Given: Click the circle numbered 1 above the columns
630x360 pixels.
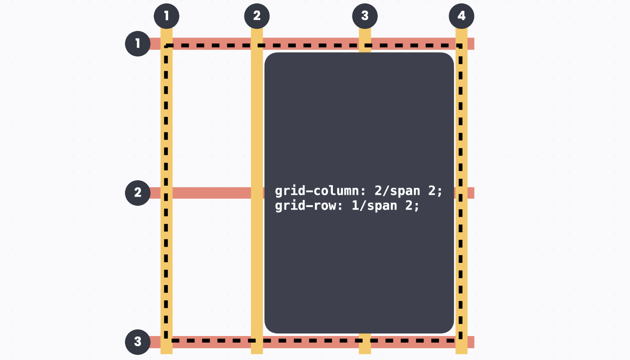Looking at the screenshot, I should click(x=166, y=16).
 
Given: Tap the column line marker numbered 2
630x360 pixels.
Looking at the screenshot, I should click(x=257, y=16).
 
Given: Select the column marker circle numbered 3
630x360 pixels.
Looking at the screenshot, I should click(x=365, y=16).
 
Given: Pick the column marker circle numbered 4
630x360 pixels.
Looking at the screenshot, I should click(x=461, y=16).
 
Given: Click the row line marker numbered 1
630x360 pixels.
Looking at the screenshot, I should click(x=138, y=44).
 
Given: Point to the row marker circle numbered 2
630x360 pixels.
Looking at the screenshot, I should click(x=138, y=193).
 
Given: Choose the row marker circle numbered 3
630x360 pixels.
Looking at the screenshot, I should click(x=138, y=342).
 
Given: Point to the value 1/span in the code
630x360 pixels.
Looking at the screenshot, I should click(x=374, y=205).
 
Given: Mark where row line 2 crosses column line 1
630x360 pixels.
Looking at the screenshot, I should click(x=166, y=193).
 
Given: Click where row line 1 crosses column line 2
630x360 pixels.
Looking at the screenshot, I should click(x=257, y=44).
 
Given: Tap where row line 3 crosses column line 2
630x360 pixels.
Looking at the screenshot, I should click(x=257, y=342).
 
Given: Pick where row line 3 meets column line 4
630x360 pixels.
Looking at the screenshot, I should click(x=461, y=342).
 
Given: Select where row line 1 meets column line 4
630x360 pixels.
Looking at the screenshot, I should click(x=461, y=44).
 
